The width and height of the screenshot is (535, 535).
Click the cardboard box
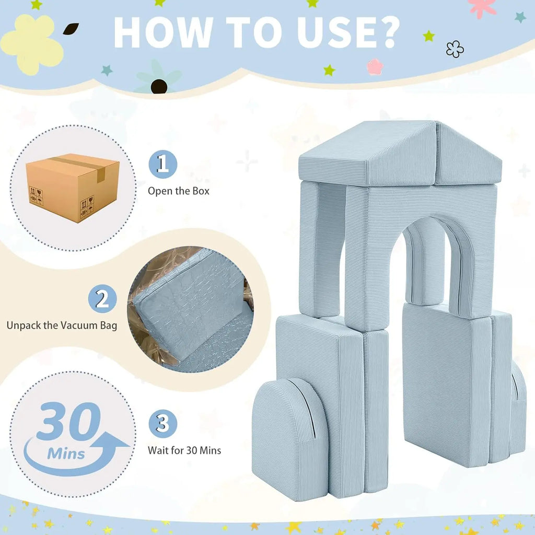[73, 188]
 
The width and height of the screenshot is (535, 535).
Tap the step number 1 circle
[163, 164]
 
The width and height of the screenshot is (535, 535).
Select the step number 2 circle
[102, 298]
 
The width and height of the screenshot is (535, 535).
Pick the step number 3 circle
[163, 424]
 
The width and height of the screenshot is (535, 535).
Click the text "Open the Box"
[179, 191]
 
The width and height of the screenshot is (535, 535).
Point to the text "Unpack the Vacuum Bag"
[62, 325]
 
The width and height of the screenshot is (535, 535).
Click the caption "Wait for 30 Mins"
[184, 450]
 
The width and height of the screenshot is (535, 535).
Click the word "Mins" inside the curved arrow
[66, 454]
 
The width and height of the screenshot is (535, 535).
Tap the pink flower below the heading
[375, 66]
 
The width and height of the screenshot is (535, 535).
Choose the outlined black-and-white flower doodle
[455, 49]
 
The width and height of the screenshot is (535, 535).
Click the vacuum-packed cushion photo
[190, 309]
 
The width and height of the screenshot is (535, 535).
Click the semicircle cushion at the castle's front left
[289, 438]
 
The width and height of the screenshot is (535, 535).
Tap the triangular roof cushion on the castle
[400, 154]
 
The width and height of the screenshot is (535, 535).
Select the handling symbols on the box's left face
[36, 196]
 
